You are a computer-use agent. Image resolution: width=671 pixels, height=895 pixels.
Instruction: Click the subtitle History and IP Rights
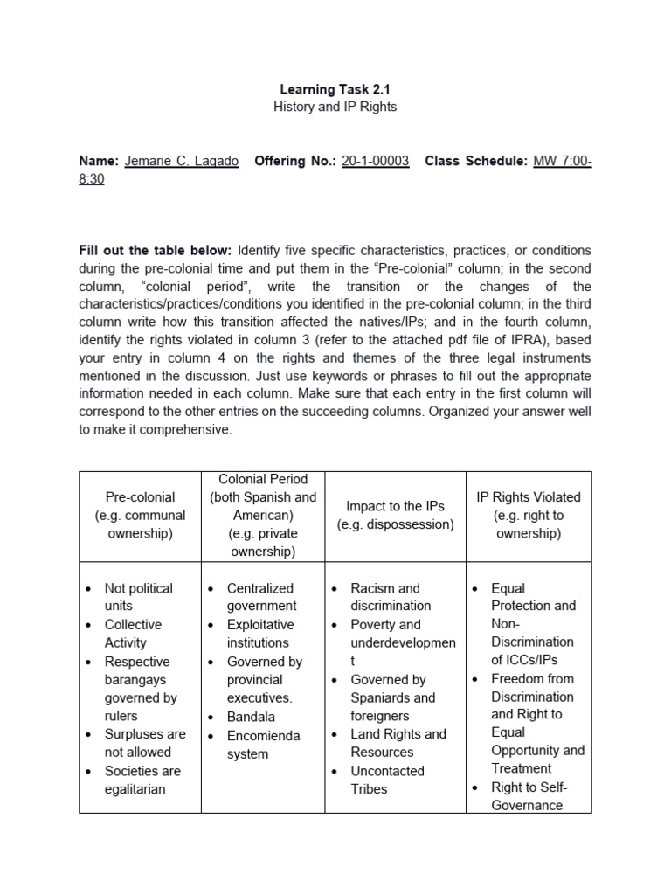coord(335,107)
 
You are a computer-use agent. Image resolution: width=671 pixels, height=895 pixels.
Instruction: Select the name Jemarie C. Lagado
coord(182,162)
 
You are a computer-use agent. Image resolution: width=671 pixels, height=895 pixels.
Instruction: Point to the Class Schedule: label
coord(476,162)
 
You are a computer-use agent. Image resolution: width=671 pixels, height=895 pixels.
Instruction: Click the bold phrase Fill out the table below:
coord(156,251)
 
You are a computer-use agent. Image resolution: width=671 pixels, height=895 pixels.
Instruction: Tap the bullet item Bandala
coord(251,717)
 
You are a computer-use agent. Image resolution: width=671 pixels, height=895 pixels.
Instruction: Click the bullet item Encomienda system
coord(262,744)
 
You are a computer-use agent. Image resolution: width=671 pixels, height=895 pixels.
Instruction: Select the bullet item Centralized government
coord(260,597)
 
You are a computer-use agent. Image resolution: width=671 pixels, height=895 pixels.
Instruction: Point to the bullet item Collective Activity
coord(133,634)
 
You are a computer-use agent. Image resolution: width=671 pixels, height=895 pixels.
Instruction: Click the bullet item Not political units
coord(138,597)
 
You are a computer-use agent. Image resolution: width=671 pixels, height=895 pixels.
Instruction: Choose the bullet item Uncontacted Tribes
coord(387,780)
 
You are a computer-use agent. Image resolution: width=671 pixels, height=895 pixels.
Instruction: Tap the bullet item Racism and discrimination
coord(390,597)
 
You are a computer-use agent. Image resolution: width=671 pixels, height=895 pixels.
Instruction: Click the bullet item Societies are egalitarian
coord(142,780)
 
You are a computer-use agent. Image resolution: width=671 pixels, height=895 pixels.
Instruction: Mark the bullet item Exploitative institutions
coord(260,634)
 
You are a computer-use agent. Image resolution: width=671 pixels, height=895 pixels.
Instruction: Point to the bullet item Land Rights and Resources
coord(398,743)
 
